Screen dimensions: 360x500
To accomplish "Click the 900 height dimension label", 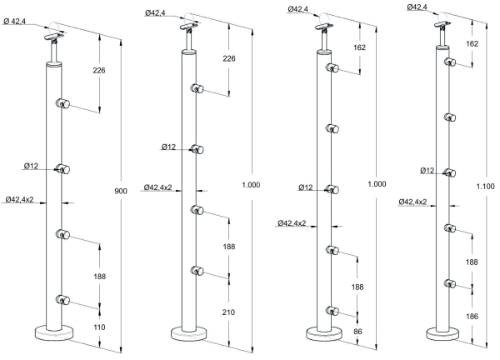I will tap(120, 192).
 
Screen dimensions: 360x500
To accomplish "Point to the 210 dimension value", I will tap(228, 312).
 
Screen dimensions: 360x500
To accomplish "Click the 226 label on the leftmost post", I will tap(101, 71).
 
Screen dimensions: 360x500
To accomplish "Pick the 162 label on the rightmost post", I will tap(472, 42).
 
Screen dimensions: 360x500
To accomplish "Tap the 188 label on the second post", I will tap(228, 246).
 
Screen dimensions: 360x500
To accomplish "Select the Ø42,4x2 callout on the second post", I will tap(157, 187).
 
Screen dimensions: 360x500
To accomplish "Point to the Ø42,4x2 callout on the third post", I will tap(290, 223).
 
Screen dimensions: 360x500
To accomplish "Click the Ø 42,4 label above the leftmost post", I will tap(22, 22).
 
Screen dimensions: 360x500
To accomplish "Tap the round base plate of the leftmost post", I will tap(54, 333).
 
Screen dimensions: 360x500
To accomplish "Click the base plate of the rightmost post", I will tap(442, 334).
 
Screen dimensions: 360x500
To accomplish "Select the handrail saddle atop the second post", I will tap(190, 32).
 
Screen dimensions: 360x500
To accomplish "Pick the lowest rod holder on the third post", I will tap(332, 311).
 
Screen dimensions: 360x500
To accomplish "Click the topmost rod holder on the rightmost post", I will tap(450, 62).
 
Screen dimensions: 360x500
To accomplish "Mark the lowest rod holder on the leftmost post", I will tap(62, 298).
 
